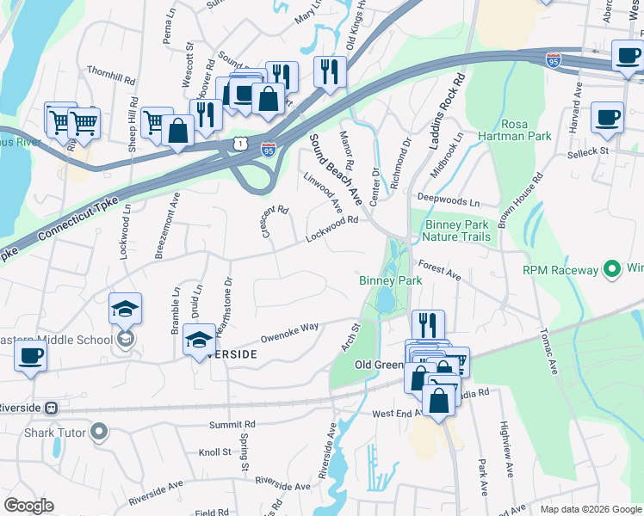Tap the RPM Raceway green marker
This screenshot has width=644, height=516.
612,270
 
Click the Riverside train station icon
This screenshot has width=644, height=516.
52,407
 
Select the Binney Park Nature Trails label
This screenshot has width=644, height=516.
457,230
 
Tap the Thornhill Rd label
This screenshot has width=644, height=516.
112,75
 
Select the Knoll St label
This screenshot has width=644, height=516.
215,451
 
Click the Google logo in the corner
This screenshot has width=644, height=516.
29,506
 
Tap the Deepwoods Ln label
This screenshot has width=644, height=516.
448,201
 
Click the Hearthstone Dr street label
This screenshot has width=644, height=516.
228,298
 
